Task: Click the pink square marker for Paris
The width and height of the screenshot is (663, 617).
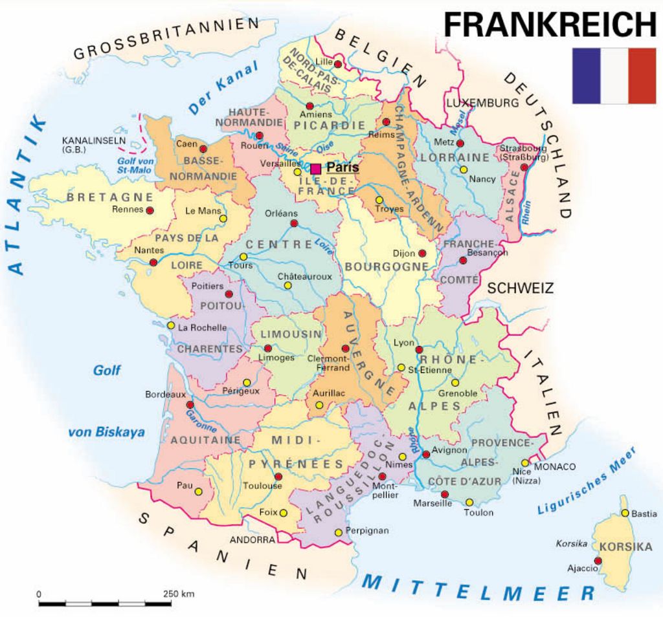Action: [315, 169]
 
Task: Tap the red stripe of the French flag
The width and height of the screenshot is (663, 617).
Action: [642, 76]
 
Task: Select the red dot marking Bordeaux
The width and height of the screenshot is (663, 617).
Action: [190, 404]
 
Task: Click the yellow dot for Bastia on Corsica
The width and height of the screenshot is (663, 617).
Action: [625, 513]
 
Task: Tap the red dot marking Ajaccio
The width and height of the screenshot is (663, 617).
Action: [598, 561]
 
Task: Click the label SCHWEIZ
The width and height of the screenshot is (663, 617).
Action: [520, 288]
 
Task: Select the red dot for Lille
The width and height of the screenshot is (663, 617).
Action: [337, 63]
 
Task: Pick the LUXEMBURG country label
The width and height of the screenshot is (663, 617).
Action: [482, 103]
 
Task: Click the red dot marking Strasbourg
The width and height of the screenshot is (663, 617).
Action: [523, 167]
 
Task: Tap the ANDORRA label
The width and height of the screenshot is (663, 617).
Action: [252, 539]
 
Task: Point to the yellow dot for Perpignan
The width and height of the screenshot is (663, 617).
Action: [338, 532]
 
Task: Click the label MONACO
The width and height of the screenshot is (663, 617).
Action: [555, 466]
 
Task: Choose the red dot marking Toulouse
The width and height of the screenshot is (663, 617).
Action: [278, 477]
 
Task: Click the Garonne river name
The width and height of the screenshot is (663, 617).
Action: [201, 420]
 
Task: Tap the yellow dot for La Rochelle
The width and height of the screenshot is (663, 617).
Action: [171, 325]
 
